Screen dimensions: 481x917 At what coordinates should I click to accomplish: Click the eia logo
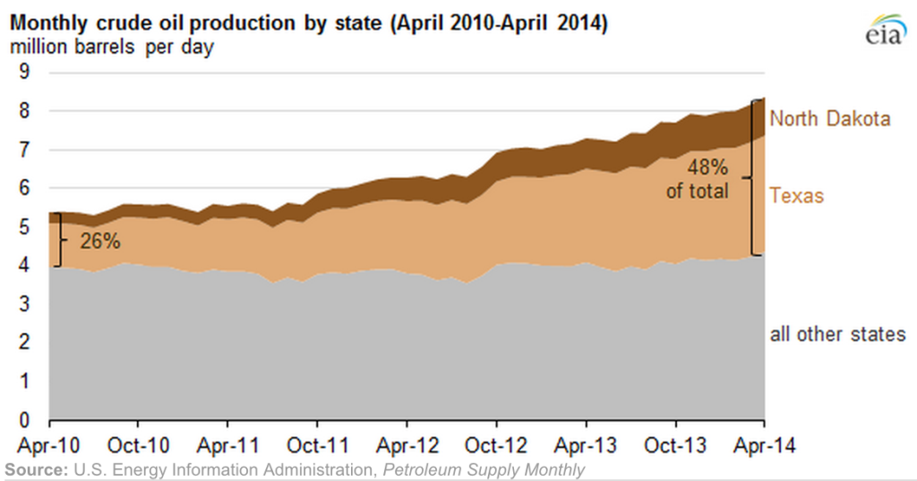885,29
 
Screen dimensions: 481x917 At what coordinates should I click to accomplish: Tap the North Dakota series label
830,118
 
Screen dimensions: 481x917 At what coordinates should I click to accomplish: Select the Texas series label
796,195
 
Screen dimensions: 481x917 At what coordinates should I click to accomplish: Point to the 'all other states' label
838,335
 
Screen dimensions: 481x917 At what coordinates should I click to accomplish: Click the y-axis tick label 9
24,73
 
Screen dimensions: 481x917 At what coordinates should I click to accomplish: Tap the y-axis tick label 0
24,420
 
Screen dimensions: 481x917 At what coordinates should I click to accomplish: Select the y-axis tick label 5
24,228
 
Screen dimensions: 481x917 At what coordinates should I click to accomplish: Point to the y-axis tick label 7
24,150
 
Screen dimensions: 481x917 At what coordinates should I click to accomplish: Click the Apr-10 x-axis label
49,445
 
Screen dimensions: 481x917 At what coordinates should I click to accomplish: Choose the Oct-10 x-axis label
139,445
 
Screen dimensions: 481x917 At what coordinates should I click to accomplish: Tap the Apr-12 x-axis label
407,445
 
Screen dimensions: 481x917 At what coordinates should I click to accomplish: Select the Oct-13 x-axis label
675,445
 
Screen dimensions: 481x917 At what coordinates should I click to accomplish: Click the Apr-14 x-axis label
763,445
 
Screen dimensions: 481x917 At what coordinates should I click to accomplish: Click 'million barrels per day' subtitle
112,47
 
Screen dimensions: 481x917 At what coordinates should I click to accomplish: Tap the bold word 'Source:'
35,470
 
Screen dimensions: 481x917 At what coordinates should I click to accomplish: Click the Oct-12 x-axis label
496,445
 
